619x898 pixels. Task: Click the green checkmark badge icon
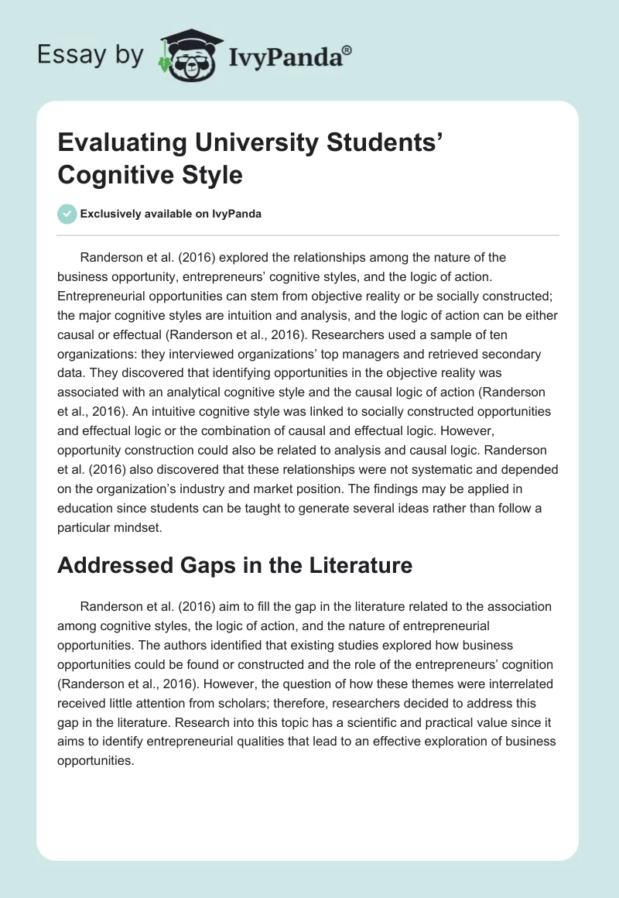(x=67, y=214)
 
